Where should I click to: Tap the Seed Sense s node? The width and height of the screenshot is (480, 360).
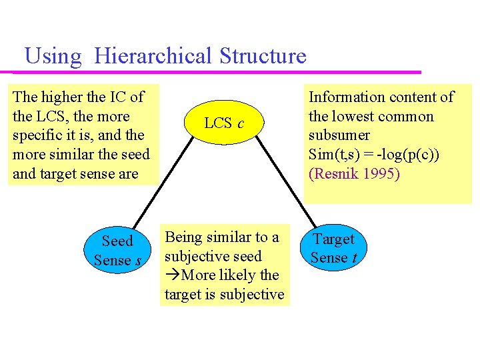click(x=117, y=251)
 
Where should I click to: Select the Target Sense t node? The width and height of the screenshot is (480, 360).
click(x=334, y=249)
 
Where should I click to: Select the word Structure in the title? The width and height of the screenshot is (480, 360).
click(x=263, y=55)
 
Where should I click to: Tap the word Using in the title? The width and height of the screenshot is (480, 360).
click(x=53, y=55)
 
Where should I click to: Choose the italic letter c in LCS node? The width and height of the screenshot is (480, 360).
click(x=240, y=123)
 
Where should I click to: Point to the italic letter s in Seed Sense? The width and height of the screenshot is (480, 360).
click(x=138, y=261)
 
